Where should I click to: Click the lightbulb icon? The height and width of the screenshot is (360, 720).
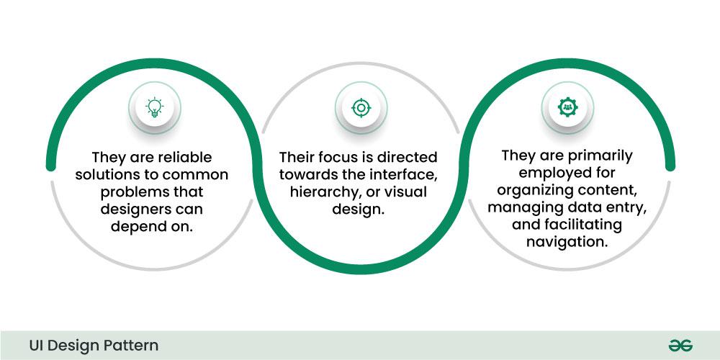coord(154,108)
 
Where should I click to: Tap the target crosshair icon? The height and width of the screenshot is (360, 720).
coord(359,108)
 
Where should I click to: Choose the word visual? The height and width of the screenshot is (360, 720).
coord(402,192)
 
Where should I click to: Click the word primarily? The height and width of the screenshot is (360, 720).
coord(598,156)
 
